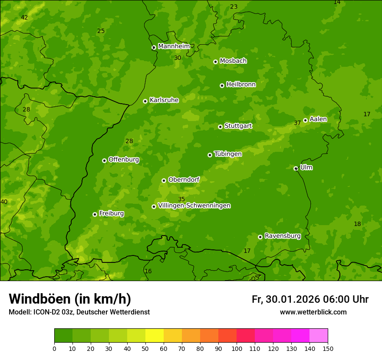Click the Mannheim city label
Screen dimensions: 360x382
pyautogui.click(x=174, y=46)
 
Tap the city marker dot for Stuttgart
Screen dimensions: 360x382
pyautogui.click(x=220, y=127)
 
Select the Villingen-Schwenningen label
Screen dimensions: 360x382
pyautogui.click(x=194, y=206)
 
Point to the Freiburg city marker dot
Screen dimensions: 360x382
pyautogui.click(x=95, y=214)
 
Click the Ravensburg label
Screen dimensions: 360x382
pyautogui.click(x=282, y=236)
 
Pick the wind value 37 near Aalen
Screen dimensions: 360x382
pyautogui.click(x=297, y=123)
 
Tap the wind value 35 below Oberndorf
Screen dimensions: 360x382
pyautogui.click(x=181, y=199)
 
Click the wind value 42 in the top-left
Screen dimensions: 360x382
pyautogui.click(x=24, y=18)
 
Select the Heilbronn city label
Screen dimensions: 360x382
pyautogui.click(x=241, y=85)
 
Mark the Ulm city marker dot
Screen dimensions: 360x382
pyautogui.click(x=296, y=168)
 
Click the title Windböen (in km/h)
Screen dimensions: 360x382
pyautogui.click(x=70, y=299)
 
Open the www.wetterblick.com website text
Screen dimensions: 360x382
pyautogui.click(x=313, y=312)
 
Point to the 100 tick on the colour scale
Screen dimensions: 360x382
pyautogui.click(x=237, y=348)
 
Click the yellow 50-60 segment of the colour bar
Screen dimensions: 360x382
pyautogui.click(x=155, y=335)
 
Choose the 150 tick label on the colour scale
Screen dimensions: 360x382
pyautogui.click(x=328, y=348)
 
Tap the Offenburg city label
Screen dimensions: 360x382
pyautogui.click(x=124, y=160)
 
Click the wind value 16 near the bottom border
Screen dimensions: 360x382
pyautogui.click(x=148, y=272)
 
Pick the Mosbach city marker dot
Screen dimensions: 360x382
pyautogui.click(x=215, y=62)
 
